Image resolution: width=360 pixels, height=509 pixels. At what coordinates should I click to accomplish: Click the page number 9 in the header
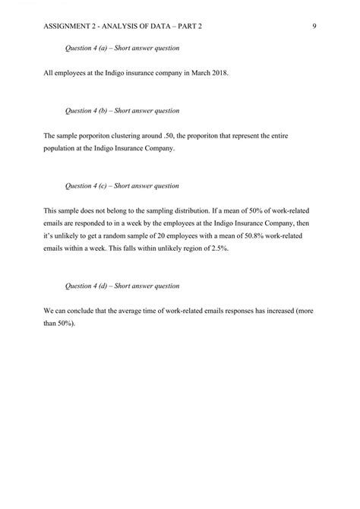(314, 27)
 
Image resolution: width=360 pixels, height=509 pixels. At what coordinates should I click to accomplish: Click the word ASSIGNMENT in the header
(66, 27)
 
